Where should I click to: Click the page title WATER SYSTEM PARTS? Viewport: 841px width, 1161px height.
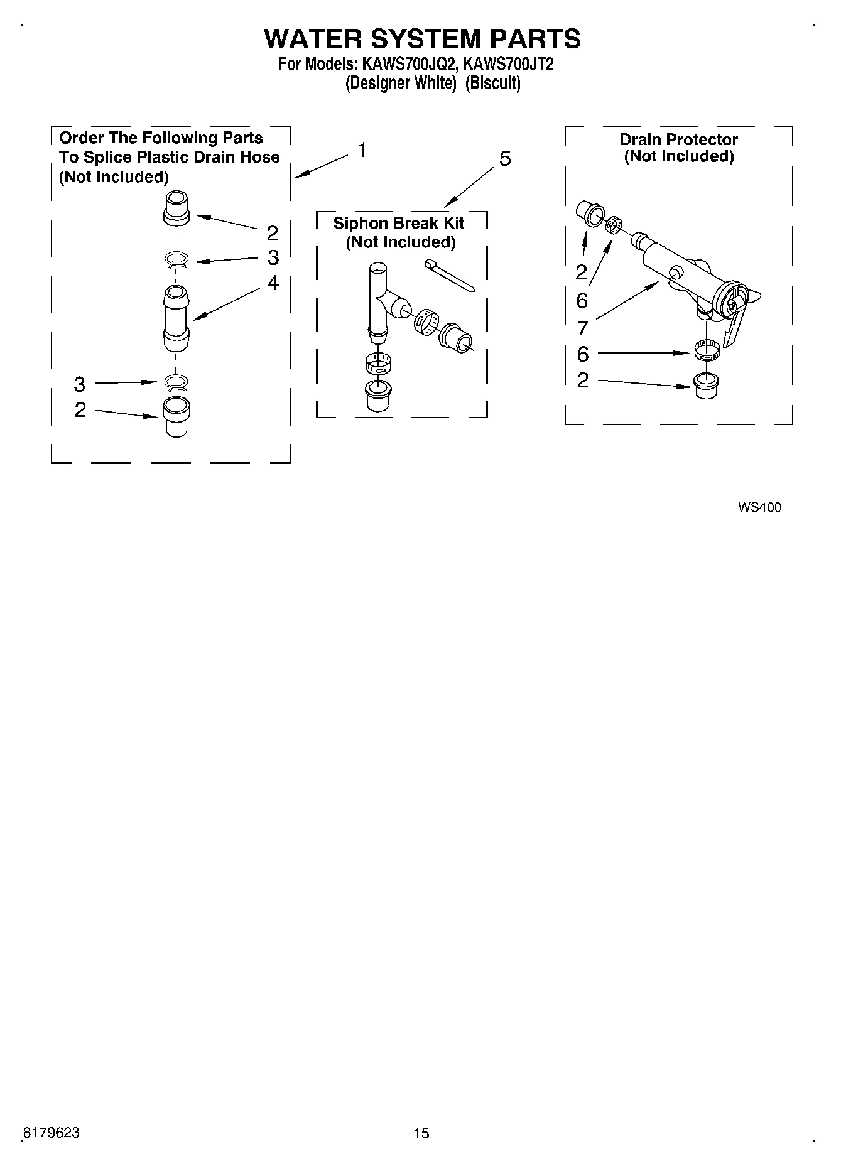pyautogui.click(x=422, y=39)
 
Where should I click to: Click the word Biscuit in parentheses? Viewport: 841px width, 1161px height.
pyautogui.click(x=493, y=83)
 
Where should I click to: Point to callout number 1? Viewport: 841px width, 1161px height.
pyautogui.click(x=362, y=151)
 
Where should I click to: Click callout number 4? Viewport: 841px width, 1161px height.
pyautogui.click(x=273, y=283)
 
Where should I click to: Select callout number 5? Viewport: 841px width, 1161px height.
pyautogui.click(x=505, y=159)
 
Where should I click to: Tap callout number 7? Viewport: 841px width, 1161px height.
pyautogui.click(x=582, y=327)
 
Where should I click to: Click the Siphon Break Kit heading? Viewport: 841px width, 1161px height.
pyautogui.click(x=399, y=224)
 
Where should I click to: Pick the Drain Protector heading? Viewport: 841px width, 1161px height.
pyautogui.click(x=679, y=139)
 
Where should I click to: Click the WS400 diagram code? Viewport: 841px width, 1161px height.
pyautogui.click(x=759, y=507)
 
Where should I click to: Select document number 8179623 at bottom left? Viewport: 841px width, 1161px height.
pyautogui.click(x=51, y=1133)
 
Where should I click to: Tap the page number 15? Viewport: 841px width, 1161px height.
pyautogui.click(x=421, y=1133)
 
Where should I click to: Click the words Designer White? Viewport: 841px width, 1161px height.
pyautogui.click(x=400, y=83)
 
